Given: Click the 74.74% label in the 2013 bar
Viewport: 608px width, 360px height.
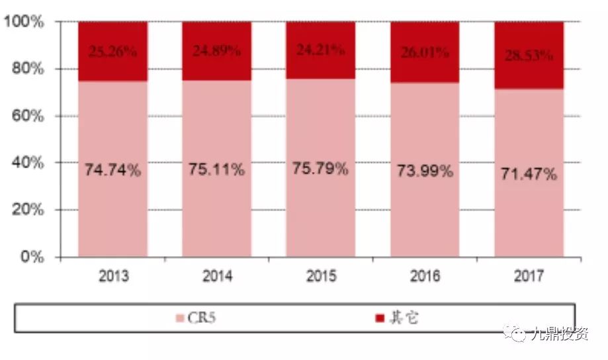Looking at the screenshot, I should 112,170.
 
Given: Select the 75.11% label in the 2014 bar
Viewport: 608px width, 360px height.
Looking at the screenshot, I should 216,170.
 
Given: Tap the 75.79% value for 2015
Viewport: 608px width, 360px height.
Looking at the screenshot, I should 320,168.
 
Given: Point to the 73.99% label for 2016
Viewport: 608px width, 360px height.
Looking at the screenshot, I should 425,171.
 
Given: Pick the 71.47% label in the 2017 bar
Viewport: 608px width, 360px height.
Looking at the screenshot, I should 529,175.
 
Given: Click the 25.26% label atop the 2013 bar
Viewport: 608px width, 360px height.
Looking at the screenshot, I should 112,52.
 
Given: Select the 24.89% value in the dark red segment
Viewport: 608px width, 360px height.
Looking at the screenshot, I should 216,51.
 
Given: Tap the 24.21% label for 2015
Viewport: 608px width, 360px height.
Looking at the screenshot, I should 320,50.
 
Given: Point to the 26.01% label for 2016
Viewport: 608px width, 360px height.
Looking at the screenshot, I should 425,52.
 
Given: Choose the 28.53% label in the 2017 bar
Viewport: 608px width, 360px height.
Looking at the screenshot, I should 529,55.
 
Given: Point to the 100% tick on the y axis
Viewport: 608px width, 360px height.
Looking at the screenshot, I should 24,22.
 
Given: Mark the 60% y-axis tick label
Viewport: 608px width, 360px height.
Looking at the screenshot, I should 28,116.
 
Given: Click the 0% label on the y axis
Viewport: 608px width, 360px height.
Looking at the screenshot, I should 32,257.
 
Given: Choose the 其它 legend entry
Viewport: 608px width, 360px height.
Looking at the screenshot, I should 404,318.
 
